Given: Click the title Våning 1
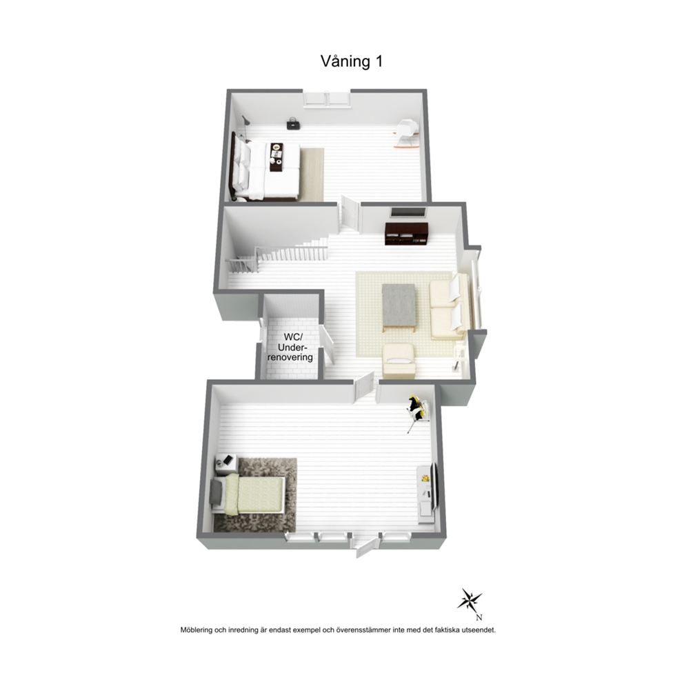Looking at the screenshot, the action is pyautogui.click(x=352, y=61).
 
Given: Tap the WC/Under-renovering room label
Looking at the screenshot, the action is pyautogui.click(x=290, y=348).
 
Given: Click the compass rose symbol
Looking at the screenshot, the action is pyautogui.click(x=470, y=601).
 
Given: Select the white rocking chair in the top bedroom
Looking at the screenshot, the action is pyautogui.click(x=407, y=134).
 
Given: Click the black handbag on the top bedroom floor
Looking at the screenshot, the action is pyautogui.click(x=292, y=123).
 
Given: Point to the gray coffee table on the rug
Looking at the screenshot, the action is pyautogui.click(x=399, y=307).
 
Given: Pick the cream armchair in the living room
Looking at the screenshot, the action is pyautogui.click(x=399, y=361).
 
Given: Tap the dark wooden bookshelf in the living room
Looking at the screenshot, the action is pyautogui.click(x=407, y=233).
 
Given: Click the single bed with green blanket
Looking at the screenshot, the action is pyautogui.click(x=248, y=494).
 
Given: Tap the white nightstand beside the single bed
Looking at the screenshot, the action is pyautogui.click(x=226, y=464).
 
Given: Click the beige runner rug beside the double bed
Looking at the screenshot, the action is pyautogui.click(x=312, y=174).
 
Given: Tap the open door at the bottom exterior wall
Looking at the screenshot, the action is pyautogui.click(x=368, y=547).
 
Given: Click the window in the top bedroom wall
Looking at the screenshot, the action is pyautogui.click(x=327, y=99).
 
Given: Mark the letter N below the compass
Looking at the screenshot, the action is pyautogui.click(x=479, y=617).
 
